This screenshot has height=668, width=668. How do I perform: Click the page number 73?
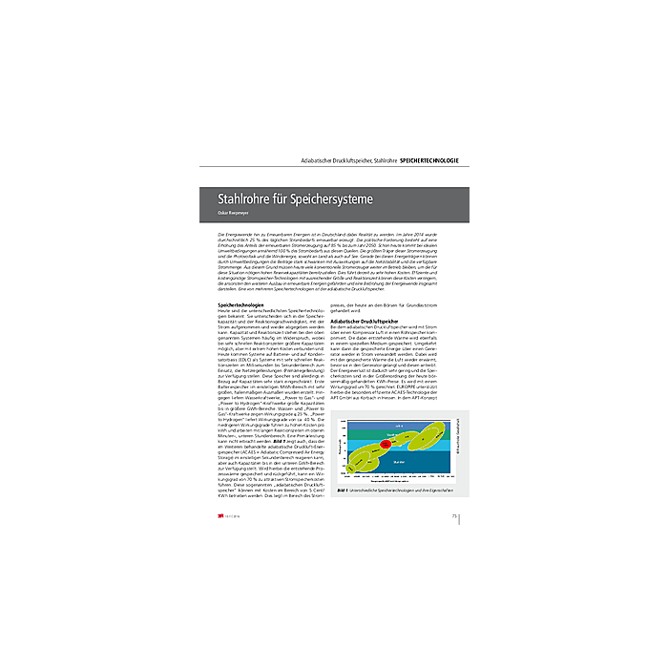(x=451, y=517)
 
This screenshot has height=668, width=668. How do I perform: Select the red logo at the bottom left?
(x=221, y=518)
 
